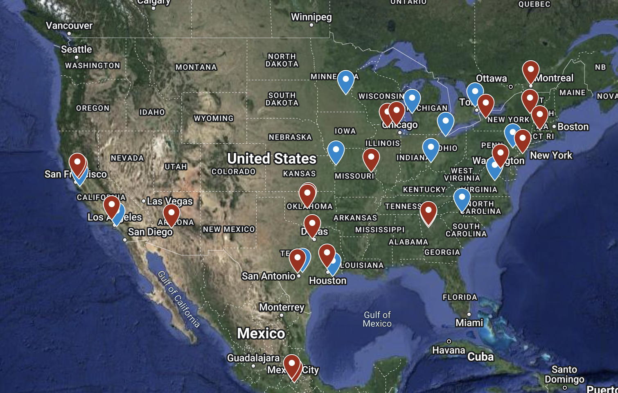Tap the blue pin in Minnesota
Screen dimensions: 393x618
(x=345, y=80)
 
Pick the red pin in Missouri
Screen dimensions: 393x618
(x=371, y=158)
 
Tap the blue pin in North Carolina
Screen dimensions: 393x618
(x=462, y=199)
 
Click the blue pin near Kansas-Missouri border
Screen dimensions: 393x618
(x=336, y=151)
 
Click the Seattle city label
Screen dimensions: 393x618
(x=77, y=50)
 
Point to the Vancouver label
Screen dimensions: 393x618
(x=69, y=26)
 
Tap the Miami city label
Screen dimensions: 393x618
(x=469, y=323)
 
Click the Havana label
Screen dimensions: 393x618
(x=449, y=350)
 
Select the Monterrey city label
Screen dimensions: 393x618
(x=282, y=307)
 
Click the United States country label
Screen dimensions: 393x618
(x=272, y=158)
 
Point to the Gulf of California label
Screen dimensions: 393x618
(x=179, y=299)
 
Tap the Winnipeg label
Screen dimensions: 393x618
(x=311, y=17)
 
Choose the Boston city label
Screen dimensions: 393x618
(x=573, y=127)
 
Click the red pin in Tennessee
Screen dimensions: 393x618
(x=428, y=212)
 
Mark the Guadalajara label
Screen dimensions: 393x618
(x=253, y=358)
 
